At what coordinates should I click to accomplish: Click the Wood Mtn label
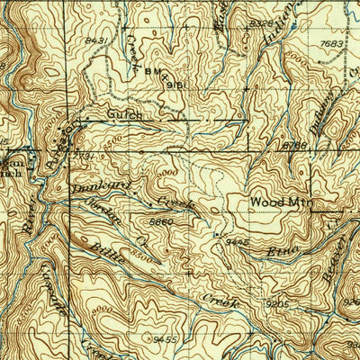pos(280,202)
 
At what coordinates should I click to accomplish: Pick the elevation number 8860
pos(162,220)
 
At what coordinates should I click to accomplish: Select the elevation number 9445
pos(236,242)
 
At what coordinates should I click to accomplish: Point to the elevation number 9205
pos(277,305)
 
